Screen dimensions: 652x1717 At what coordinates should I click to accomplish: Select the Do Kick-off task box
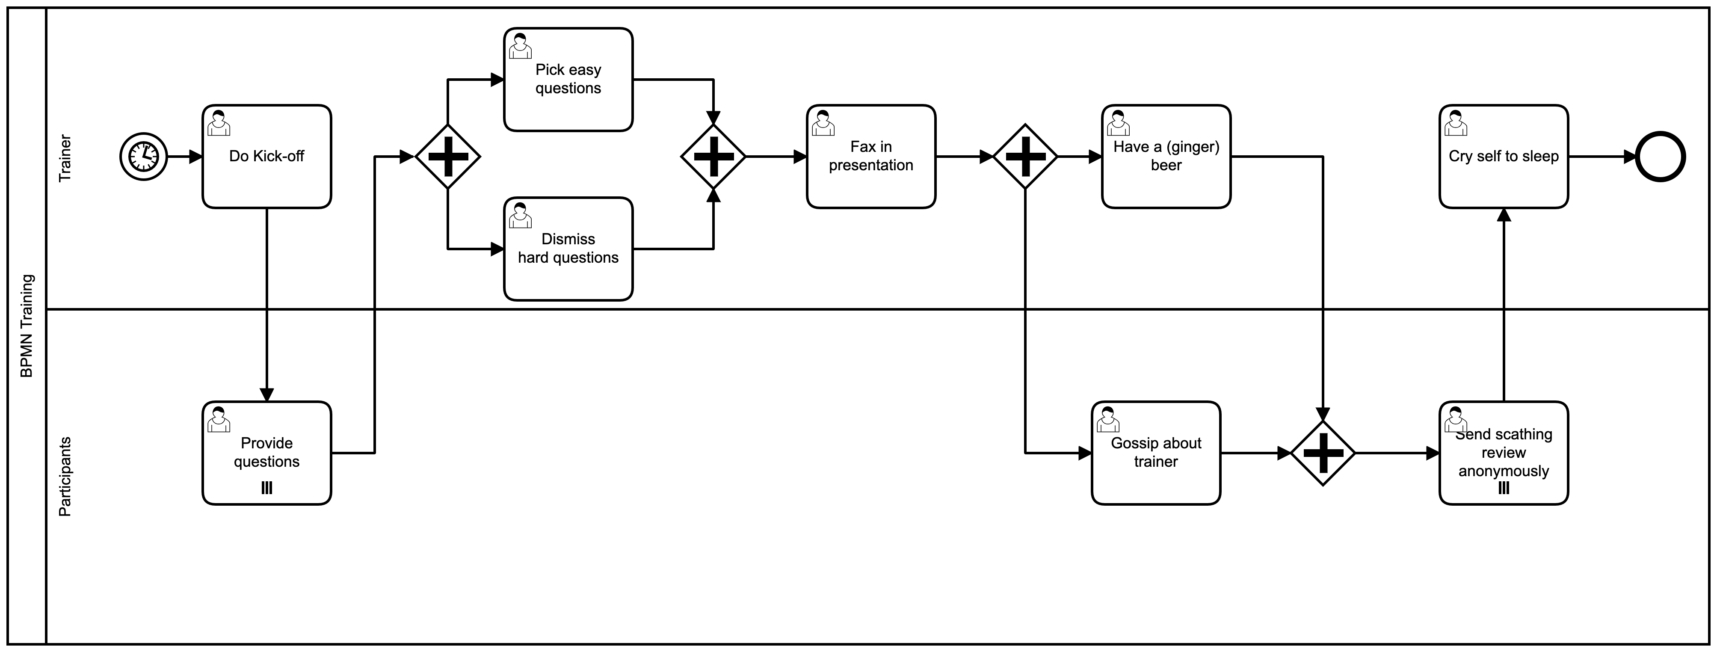(x=266, y=157)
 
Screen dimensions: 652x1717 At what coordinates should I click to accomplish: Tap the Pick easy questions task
(x=568, y=79)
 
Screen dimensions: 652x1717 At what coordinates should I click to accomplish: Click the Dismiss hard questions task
(x=568, y=249)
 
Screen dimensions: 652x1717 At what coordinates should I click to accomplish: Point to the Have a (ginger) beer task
(x=1166, y=157)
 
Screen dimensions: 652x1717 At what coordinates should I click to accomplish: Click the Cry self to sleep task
(x=1503, y=157)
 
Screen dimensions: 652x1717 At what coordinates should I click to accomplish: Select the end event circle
(x=1661, y=157)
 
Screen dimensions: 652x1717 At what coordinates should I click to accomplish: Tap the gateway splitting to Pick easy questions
(x=447, y=157)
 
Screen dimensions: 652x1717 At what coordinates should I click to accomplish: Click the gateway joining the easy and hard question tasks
(x=713, y=157)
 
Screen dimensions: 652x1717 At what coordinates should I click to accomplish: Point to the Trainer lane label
(x=65, y=158)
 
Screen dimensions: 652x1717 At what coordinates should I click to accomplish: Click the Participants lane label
(x=65, y=476)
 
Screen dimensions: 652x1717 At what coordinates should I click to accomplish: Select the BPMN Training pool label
(x=27, y=326)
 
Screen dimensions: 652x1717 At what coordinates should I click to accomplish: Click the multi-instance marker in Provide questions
(x=266, y=488)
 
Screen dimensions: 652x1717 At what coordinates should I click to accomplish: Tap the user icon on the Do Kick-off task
(x=219, y=123)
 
